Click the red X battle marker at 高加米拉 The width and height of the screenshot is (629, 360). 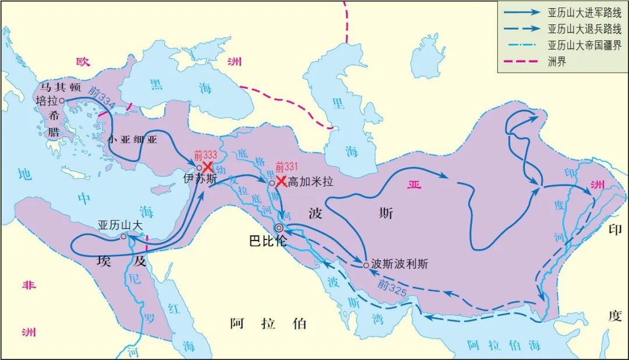pyautogui.click(x=281, y=181)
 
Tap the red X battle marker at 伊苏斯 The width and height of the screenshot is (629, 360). pyautogui.click(x=207, y=167)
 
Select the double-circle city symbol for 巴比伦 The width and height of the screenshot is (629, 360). pyautogui.click(x=279, y=228)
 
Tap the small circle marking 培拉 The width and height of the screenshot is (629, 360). pyautogui.click(x=62, y=100)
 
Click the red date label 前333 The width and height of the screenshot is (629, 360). pyautogui.click(x=205, y=156)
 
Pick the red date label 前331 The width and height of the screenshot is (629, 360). pyautogui.click(x=287, y=166)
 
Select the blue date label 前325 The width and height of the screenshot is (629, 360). pyautogui.click(x=390, y=285)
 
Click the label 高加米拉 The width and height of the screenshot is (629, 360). pyautogui.click(x=311, y=182)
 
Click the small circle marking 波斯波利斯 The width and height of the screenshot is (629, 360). pyautogui.click(x=366, y=265)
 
